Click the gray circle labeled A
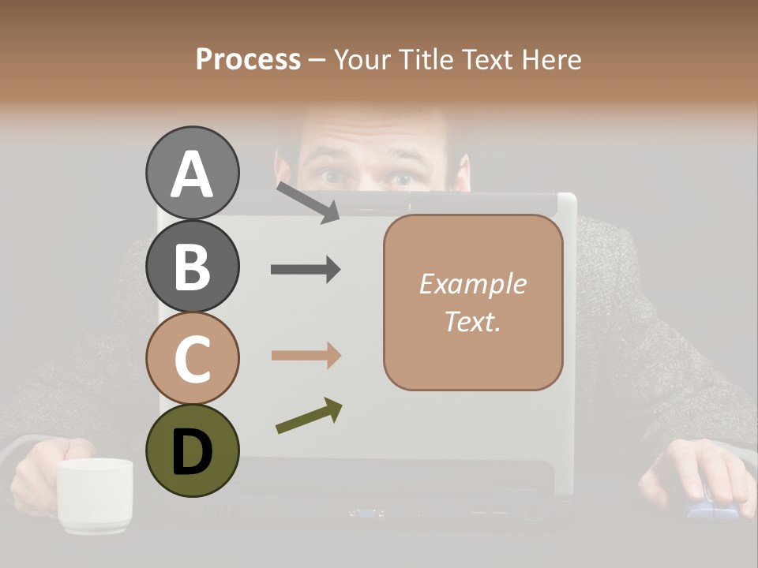click(x=192, y=173)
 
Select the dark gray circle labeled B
click(x=192, y=266)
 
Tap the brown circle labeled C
click(x=192, y=358)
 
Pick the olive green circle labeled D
click(x=192, y=450)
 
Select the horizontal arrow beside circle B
click(x=306, y=270)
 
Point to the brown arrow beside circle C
click(x=306, y=355)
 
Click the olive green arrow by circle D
click(x=309, y=416)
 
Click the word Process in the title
click(x=248, y=59)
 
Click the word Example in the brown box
click(x=472, y=284)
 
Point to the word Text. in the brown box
click(x=472, y=321)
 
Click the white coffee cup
click(x=95, y=493)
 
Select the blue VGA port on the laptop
click(x=366, y=513)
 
